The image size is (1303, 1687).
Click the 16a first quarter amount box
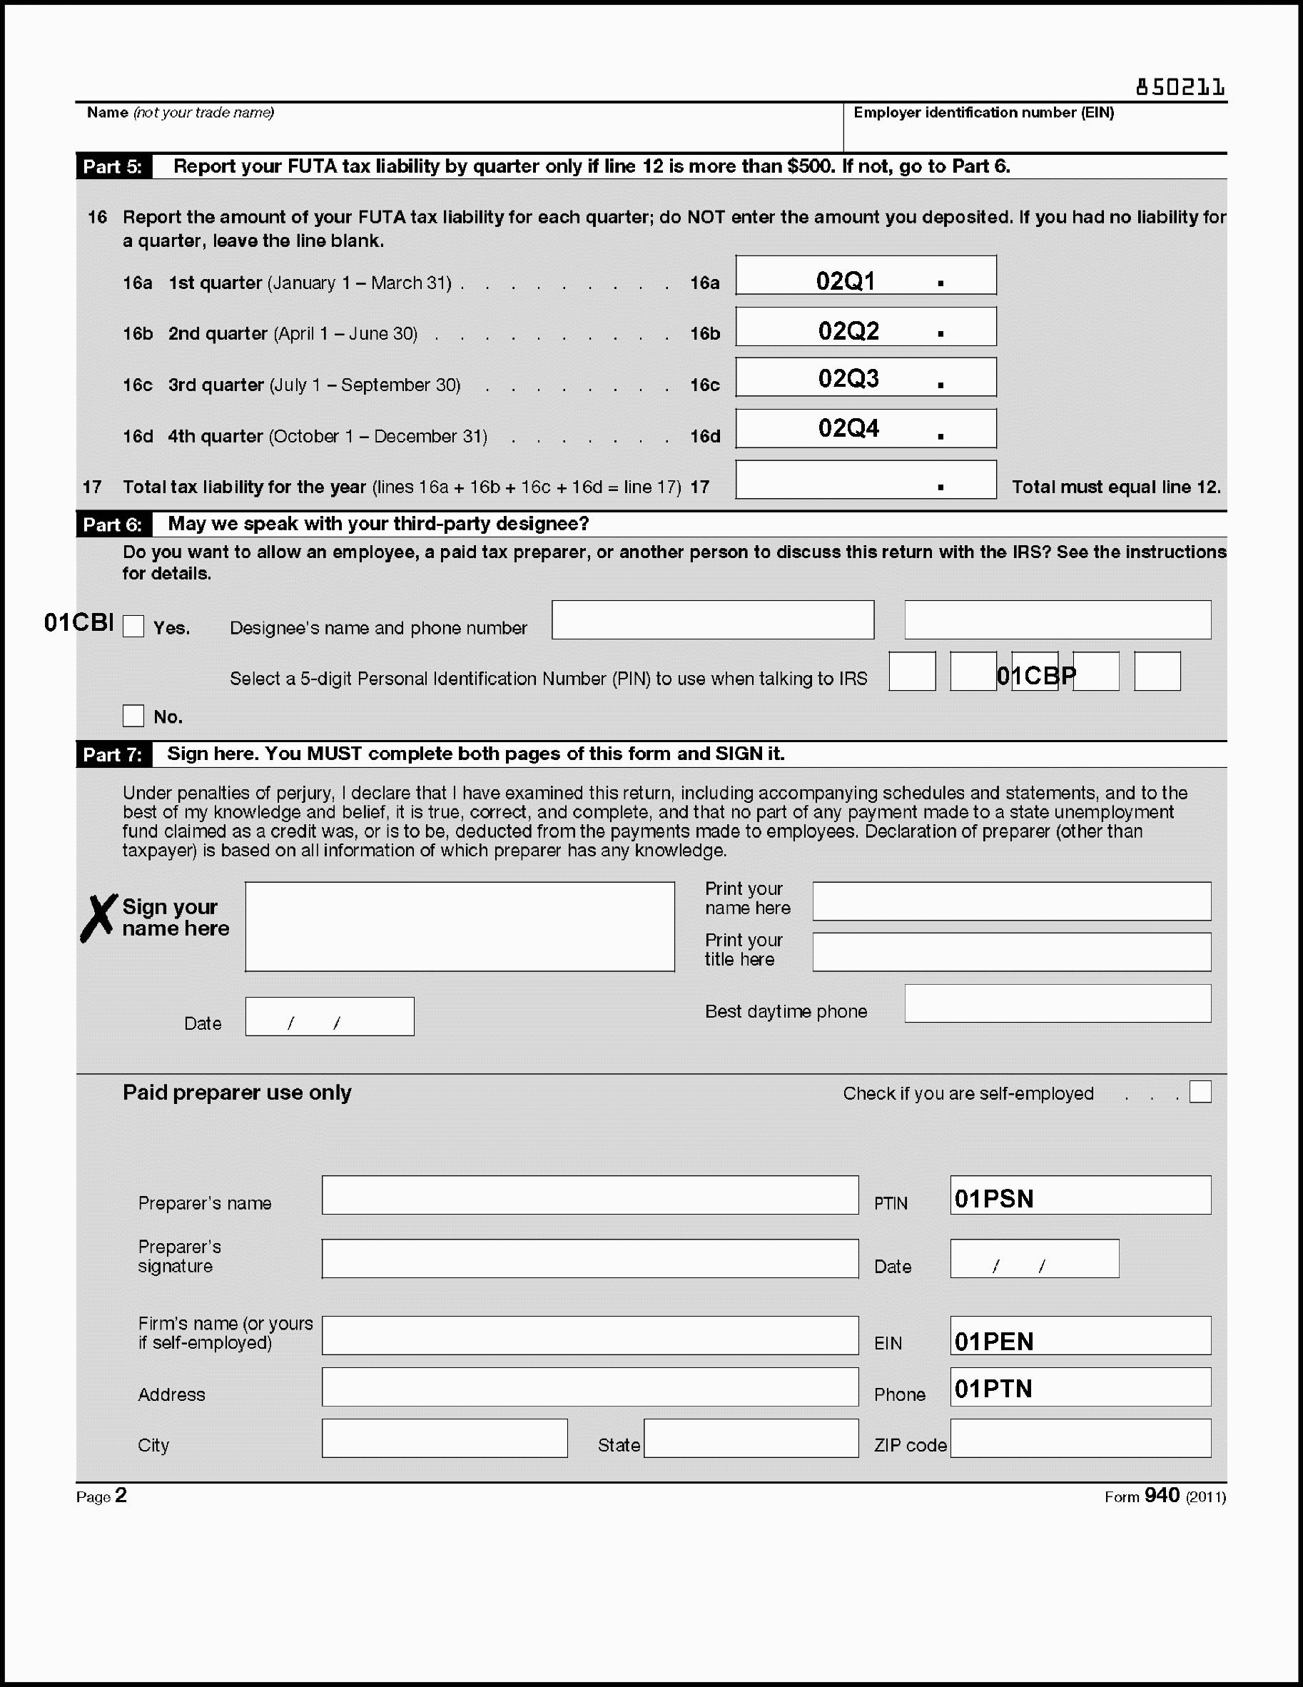coord(865,275)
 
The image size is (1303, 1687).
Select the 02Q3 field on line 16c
coord(865,378)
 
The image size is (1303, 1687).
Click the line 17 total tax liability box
coord(865,480)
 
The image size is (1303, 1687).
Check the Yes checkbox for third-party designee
coord(133,627)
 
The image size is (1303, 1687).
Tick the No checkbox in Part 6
coord(133,716)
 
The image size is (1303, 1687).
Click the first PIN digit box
coord(912,672)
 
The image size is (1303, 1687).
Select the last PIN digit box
coord(1157,672)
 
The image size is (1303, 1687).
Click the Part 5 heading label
coord(113,167)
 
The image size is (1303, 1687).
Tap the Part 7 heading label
coord(113,755)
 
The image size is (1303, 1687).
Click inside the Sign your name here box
coord(460,926)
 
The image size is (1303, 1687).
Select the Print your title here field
coord(1011,952)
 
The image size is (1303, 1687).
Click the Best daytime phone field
coord(1058,1003)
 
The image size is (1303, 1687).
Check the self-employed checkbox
coord(1200,1093)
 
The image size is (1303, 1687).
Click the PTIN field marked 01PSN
coord(1080,1196)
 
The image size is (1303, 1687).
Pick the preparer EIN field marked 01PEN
coord(1080,1336)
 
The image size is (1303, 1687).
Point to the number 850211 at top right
coord(1180,88)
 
